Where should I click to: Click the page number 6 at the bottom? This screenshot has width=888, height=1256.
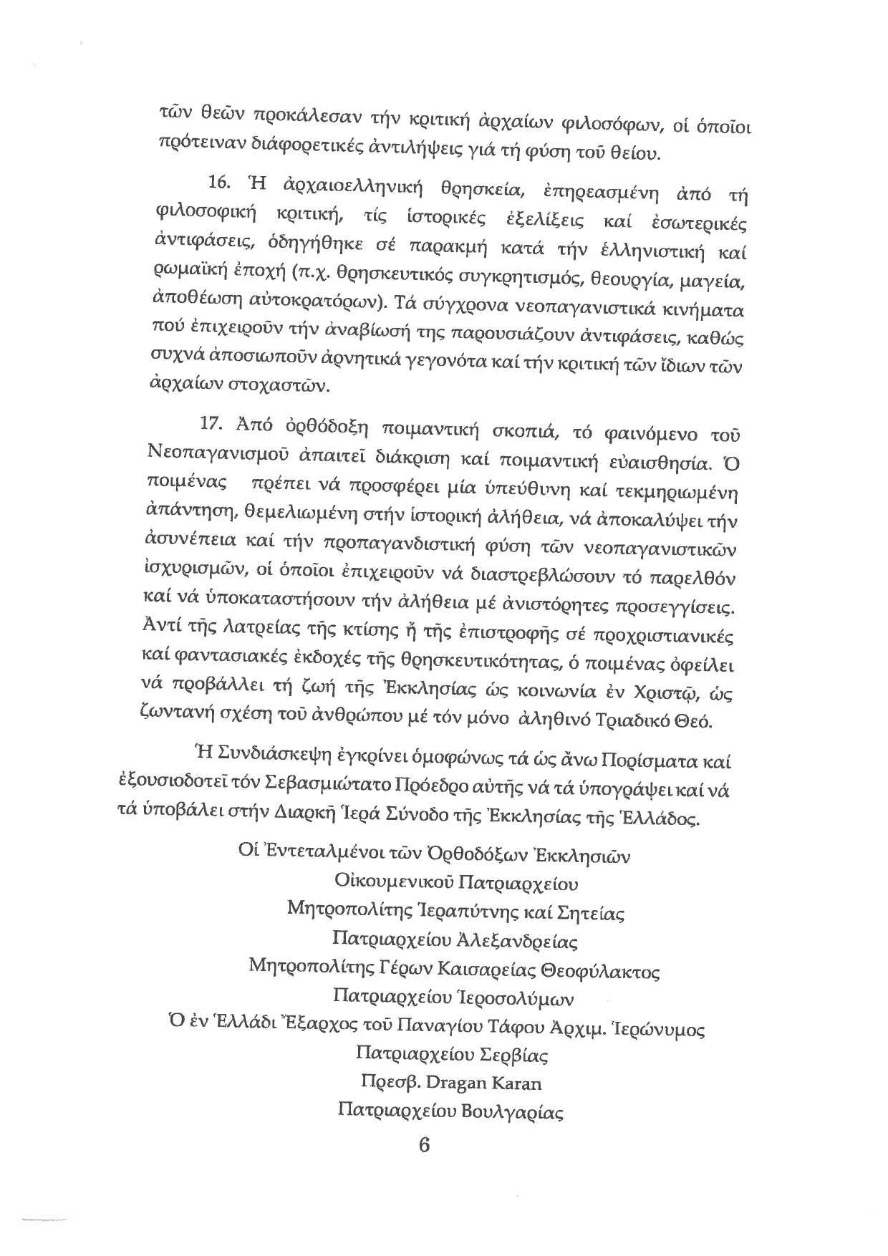[x=423, y=1145]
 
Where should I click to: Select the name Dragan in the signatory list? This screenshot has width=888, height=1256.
[x=454, y=1083]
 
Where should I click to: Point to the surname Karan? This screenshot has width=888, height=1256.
[x=515, y=1083]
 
